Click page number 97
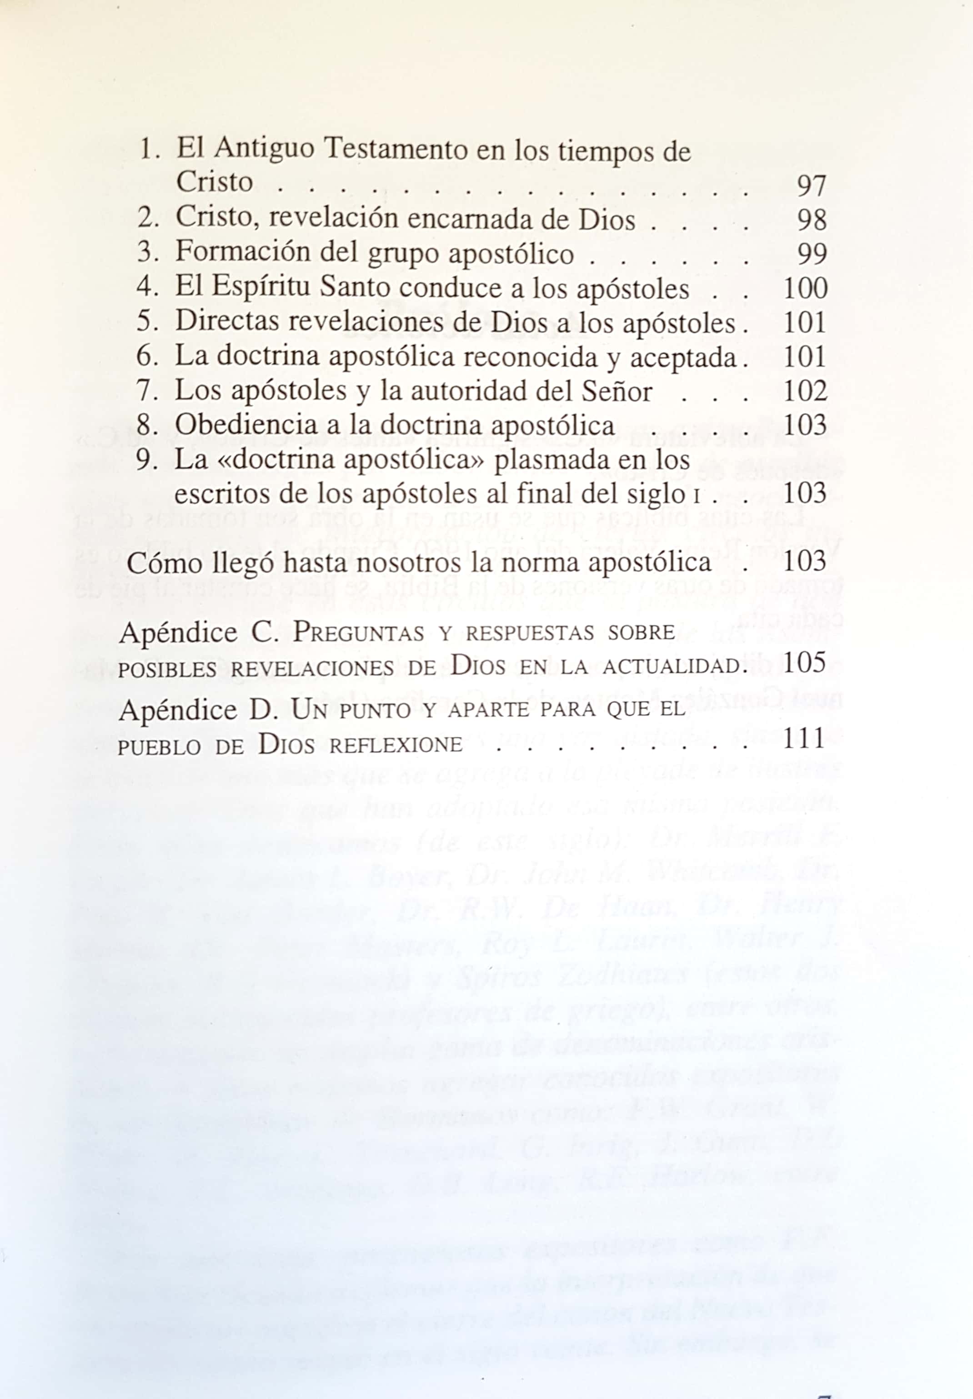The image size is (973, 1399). point(811,185)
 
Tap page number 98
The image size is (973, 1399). point(811,219)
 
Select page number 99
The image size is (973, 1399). point(811,253)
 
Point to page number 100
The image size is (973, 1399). point(805,287)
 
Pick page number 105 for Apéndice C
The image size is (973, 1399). point(805,662)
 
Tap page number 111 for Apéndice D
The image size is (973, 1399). point(805,739)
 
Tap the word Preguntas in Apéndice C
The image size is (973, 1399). point(358,633)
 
